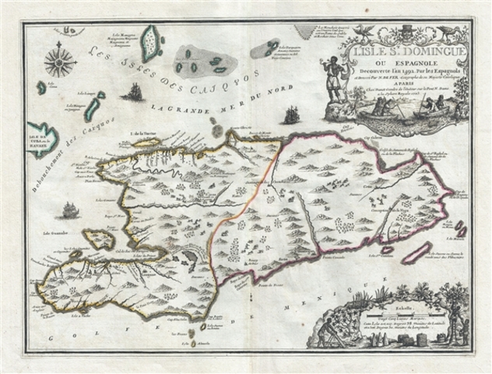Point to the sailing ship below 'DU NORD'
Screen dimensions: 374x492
(292, 115)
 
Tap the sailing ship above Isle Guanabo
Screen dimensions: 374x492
(69, 210)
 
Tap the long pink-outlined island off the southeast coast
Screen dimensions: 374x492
(420, 251)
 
